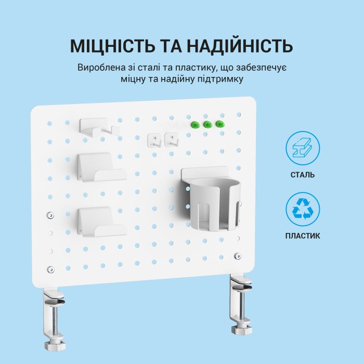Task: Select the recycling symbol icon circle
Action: point(303,209)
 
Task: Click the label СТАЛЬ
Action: point(303,175)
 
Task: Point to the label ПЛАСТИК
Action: point(303,236)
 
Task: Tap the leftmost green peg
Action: point(196,124)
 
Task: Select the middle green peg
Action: point(207,124)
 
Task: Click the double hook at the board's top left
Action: point(98,127)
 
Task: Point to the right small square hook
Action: point(170,139)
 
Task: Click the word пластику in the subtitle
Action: point(184,68)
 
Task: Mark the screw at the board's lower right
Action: point(238,256)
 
